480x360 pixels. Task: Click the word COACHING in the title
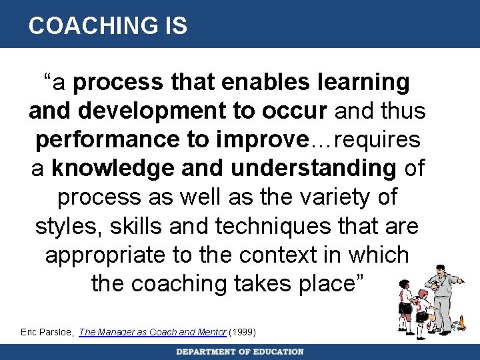click(85, 25)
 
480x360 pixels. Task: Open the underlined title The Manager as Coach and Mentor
click(152, 332)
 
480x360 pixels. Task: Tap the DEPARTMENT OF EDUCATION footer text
click(240, 352)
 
